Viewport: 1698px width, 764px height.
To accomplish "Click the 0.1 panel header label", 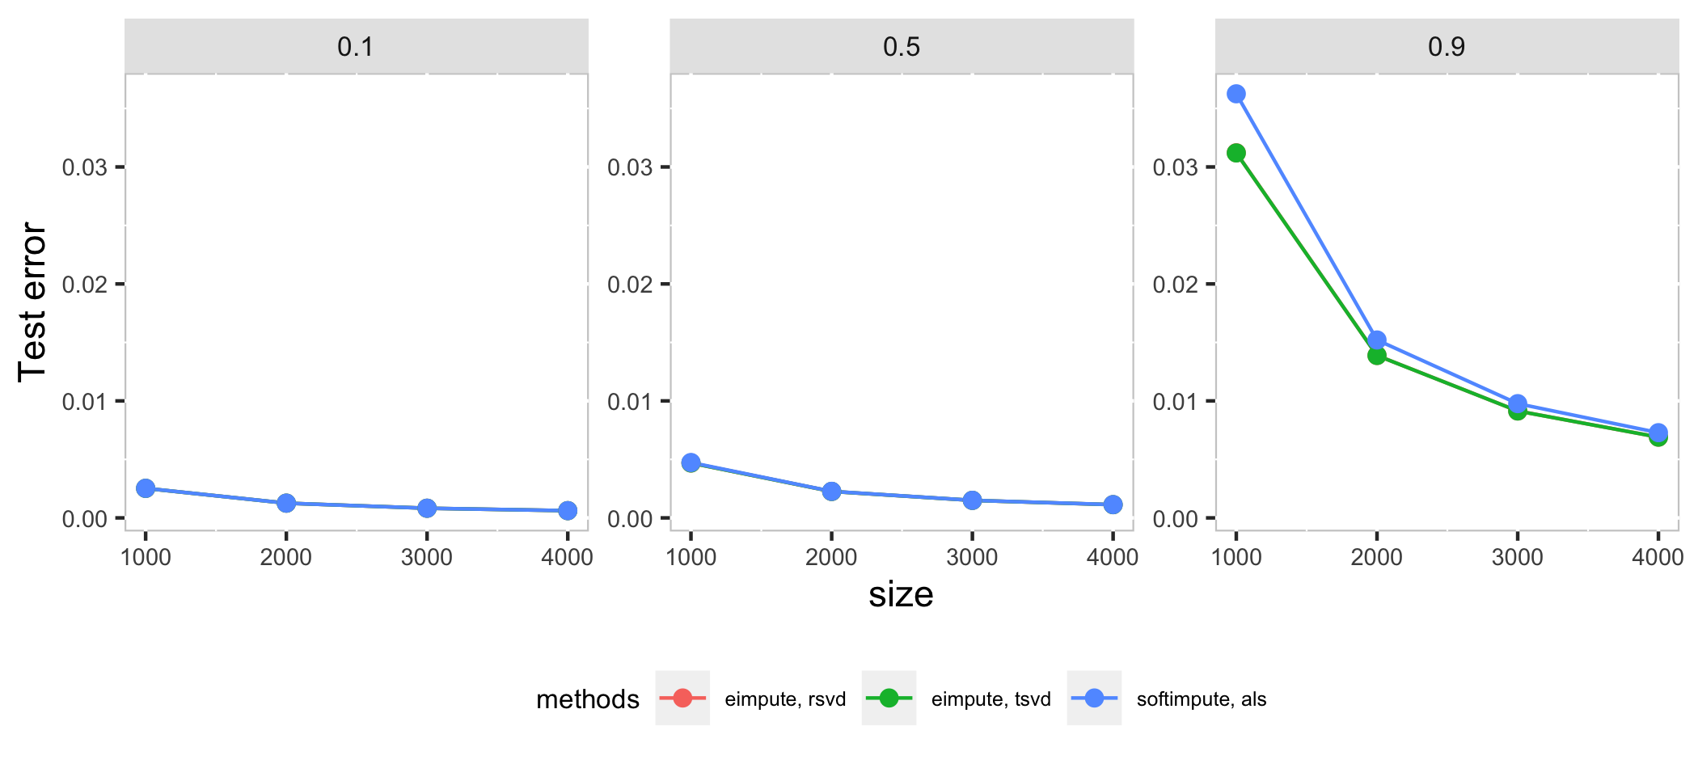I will (356, 47).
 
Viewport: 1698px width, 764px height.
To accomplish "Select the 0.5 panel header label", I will (901, 47).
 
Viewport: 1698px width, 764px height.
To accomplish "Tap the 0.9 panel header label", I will (1447, 47).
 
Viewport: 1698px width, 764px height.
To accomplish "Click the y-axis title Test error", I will (32, 302).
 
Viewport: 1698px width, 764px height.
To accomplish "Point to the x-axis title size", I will (901, 595).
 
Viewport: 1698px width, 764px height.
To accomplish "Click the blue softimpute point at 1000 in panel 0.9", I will (1236, 94).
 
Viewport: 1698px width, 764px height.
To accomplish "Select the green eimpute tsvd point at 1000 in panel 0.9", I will (1236, 153).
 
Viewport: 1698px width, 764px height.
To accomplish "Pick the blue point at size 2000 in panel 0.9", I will (1377, 340).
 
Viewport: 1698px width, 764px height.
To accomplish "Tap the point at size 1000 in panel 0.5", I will (691, 462).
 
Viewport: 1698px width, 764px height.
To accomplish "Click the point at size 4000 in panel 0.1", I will (568, 510).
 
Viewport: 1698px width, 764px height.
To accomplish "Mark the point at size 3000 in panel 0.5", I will (972, 500).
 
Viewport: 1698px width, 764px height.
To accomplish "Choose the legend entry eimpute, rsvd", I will (784, 699).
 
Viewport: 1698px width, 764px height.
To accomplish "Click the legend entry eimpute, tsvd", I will (990, 699).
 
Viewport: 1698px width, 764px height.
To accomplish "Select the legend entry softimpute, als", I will (1201, 699).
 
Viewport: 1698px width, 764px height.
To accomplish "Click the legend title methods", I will (588, 699).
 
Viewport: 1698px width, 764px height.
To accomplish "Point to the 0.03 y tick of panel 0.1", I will (85, 167).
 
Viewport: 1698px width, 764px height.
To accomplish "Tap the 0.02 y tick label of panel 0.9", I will (1175, 285).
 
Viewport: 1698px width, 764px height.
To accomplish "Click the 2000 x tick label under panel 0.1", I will (286, 557).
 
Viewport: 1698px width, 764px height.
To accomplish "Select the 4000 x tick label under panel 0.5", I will (1113, 557).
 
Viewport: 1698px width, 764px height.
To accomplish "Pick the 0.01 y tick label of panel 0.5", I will (630, 402).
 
